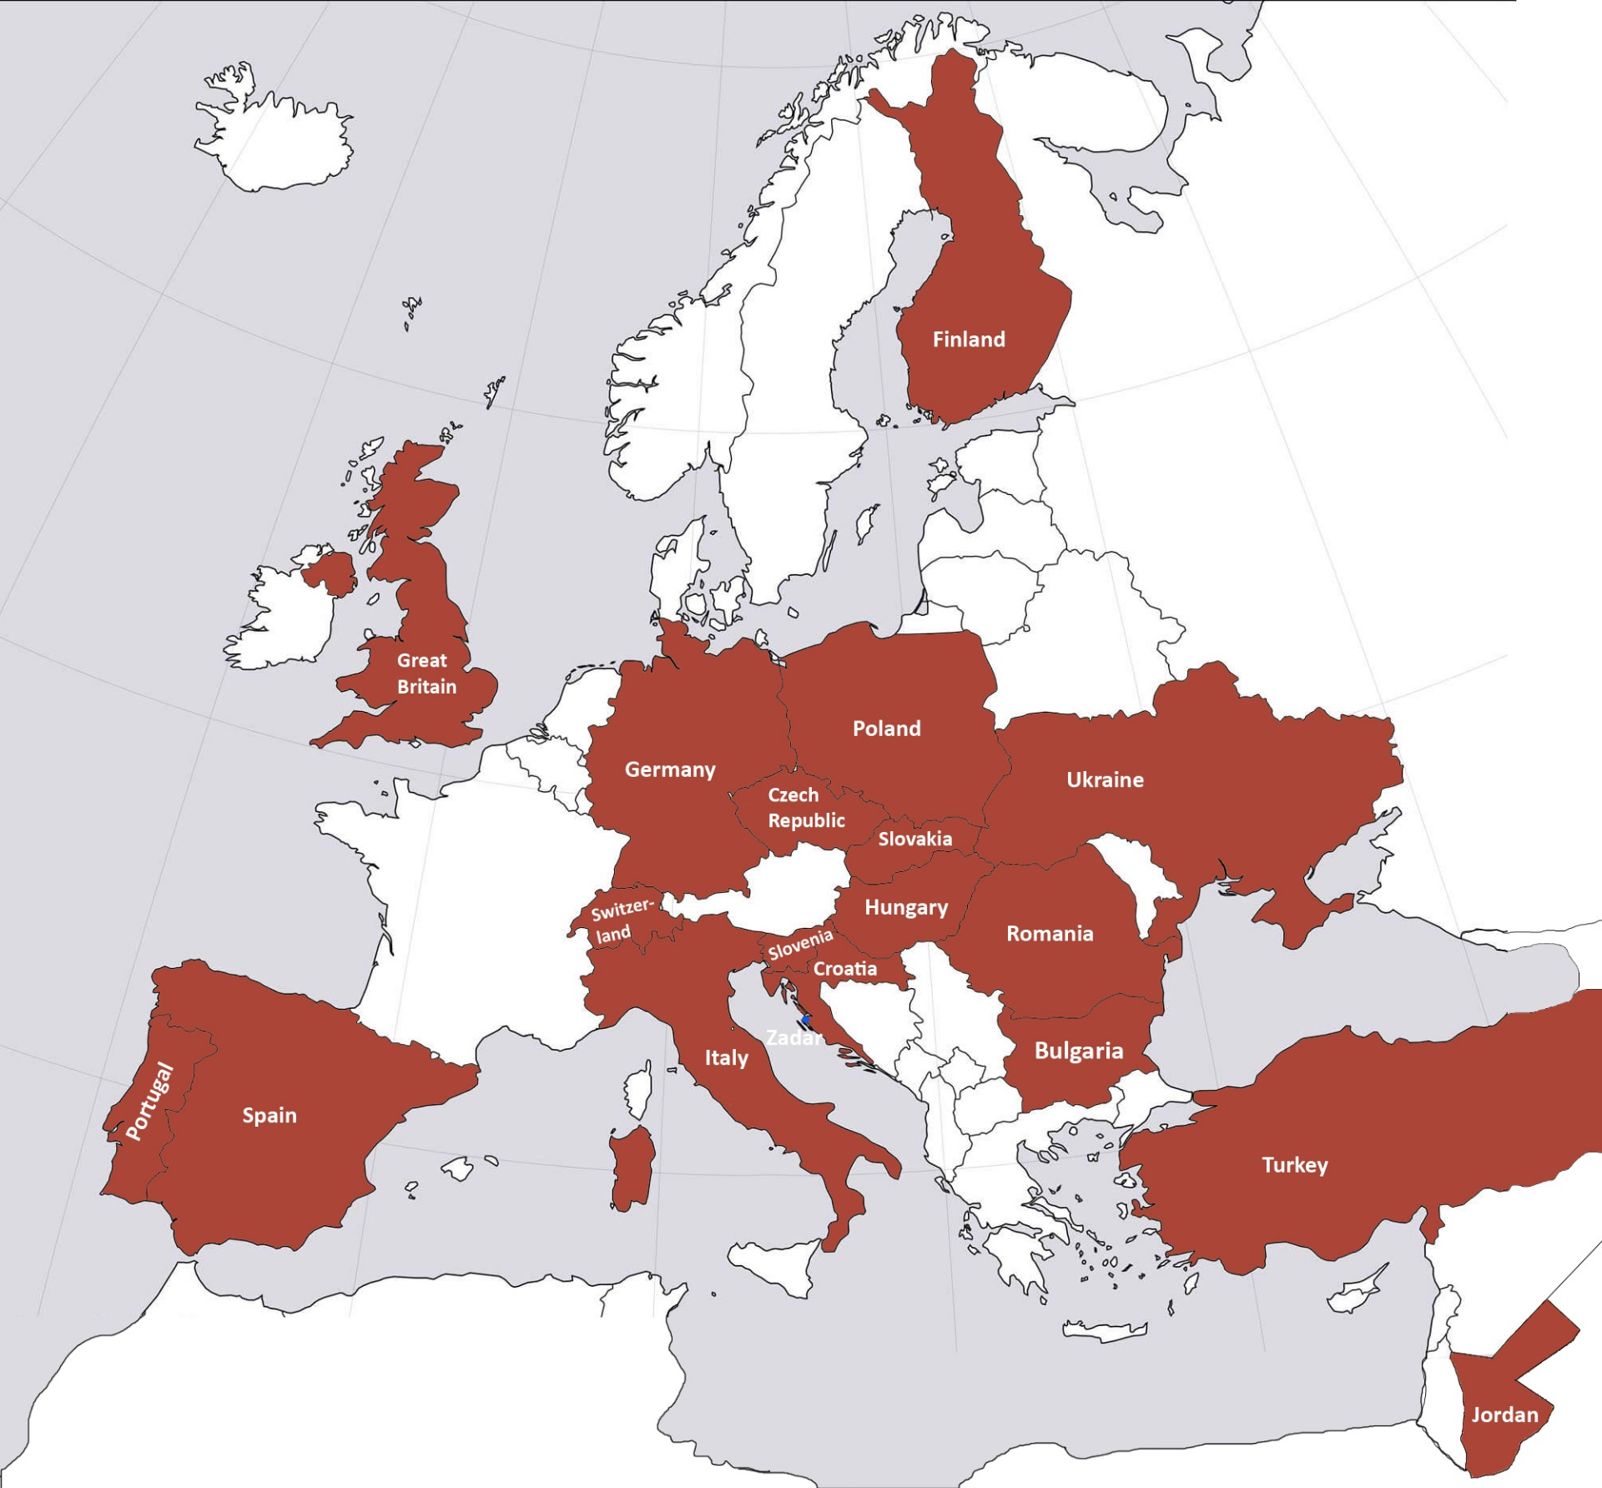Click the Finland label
(969, 340)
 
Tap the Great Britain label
(426, 673)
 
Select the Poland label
(886, 729)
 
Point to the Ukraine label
(1105, 779)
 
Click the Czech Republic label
(805, 808)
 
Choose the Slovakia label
(914, 839)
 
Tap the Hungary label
(906, 907)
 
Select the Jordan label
(1504, 1415)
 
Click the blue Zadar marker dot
(806, 1019)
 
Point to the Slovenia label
(800, 945)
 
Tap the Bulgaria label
(1078, 1051)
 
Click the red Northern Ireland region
(330, 571)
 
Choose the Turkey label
(1294, 1165)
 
